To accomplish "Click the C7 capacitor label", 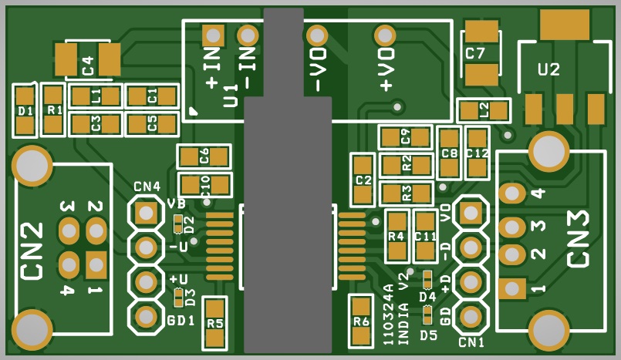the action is point(475,53).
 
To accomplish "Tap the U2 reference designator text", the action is point(548,69).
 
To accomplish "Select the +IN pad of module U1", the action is point(213,35).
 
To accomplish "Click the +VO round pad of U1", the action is point(385,36).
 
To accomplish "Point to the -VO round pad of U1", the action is point(317,36).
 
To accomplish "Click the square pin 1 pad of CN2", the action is point(96,264).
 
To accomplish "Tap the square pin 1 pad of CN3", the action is point(512,288).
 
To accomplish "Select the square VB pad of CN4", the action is point(146,214).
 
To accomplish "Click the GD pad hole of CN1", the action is point(471,316).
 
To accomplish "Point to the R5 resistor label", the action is point(215,324).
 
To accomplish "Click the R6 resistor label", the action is point(361,321).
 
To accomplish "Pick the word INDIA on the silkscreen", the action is point(403,324).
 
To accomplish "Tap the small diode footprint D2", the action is point(179,224).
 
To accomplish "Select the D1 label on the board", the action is point(25,112).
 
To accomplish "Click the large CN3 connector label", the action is point(579,238).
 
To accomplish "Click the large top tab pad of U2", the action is point(565,25).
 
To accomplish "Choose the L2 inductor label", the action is point(484,109).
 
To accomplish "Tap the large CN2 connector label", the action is point(32,251).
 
